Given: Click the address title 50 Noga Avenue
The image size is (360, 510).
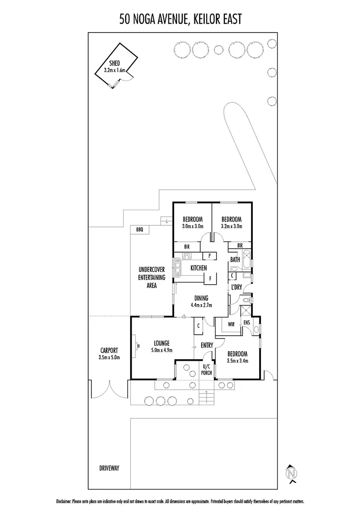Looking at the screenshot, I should [x=180, y=18].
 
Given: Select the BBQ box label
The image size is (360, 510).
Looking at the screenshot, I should [x=139, y=229].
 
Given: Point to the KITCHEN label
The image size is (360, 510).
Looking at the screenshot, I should [x=199, y=268].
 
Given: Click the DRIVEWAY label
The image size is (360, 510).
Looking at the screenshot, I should [x=109, y=468].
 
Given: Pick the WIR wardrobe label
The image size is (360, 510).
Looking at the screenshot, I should [x=231, y=324].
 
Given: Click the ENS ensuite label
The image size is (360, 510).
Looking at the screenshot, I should [x=246, y=323].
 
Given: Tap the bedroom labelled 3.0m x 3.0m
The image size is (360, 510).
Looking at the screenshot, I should [x=193, y=222].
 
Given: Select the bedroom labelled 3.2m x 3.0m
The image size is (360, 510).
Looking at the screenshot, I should [x=232, y=222].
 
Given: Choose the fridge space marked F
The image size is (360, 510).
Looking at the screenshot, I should [x=210, y=278].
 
